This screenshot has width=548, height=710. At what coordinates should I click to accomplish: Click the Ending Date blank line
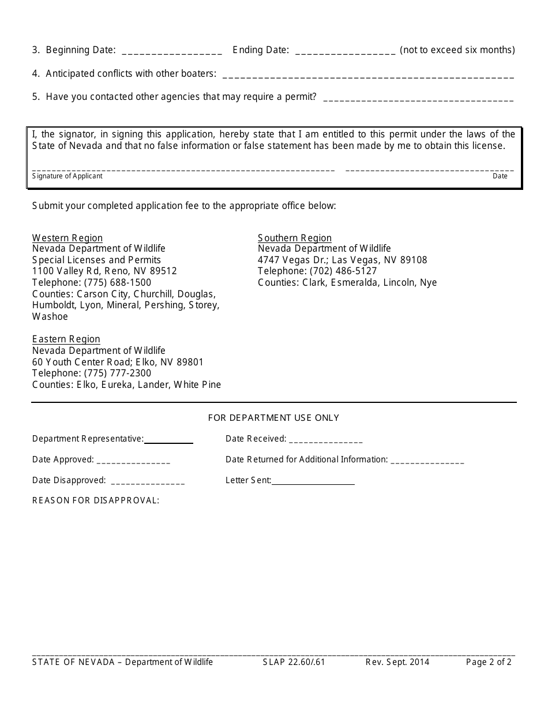345,51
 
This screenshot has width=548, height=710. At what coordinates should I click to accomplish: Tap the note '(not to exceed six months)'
457,50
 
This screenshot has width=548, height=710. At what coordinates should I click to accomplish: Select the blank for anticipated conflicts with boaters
367,75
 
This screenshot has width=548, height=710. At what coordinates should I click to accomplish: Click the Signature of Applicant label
67,176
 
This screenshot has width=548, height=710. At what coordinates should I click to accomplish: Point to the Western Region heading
67,238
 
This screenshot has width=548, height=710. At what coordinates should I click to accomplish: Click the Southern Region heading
295,238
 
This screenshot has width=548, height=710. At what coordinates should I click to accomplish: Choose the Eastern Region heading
66,339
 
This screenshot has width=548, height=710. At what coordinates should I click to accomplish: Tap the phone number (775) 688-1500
118,282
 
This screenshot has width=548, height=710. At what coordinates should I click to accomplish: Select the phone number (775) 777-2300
118,373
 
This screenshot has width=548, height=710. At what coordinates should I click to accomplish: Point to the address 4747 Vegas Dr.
292,260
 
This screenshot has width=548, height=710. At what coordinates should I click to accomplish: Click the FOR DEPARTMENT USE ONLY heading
273,417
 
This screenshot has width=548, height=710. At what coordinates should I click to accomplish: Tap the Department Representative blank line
168,440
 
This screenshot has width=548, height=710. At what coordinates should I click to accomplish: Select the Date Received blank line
326,440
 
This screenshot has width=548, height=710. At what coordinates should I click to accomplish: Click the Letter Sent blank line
313,481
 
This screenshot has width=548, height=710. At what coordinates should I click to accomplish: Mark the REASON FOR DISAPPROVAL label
96,500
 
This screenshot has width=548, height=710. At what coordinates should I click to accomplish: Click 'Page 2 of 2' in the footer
489,662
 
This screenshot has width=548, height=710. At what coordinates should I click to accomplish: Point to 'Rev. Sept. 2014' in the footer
397,662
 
